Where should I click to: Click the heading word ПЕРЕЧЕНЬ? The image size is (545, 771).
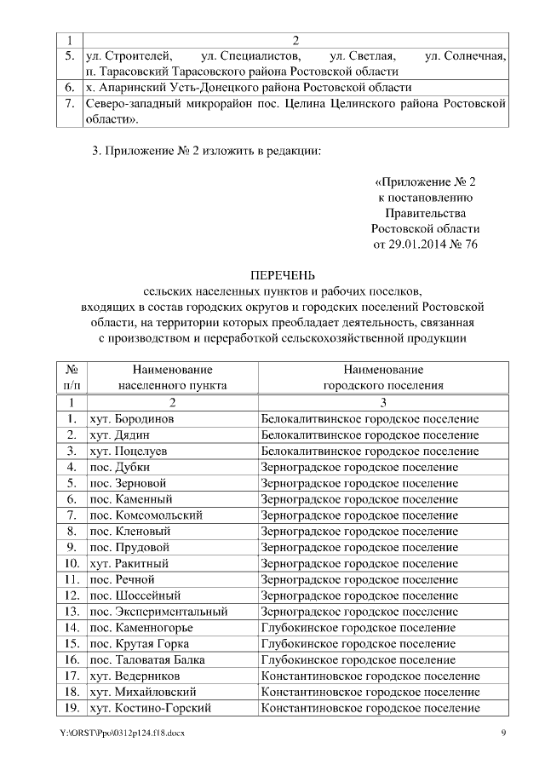pyautogui.click(x=282, y=275)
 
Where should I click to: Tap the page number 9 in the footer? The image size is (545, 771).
pyautogui.click(x=503, y=734)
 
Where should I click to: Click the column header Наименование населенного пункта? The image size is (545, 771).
pyautogui.click(x=172, y=377)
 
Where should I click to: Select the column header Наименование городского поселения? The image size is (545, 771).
pyautogui.click(x=383, y=377)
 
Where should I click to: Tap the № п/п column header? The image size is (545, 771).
pyautogui.click(x=72, y=377)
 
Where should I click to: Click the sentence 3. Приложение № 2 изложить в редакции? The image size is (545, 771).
pyautogui.click(x=207, y=151)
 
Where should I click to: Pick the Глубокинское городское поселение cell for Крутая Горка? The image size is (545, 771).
pyautogui.click(x=358, y=643)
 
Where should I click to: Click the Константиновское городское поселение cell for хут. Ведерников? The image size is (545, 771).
pyautogui.click(x=370, y=676)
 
